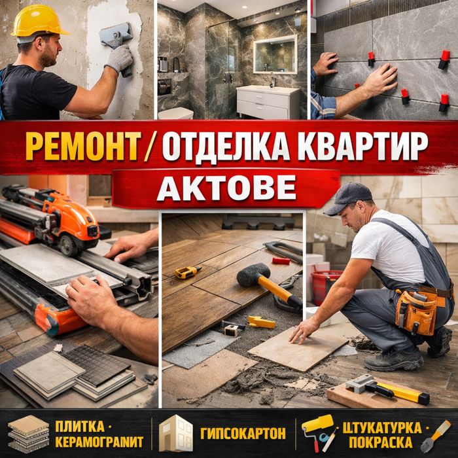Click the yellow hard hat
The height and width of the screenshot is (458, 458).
pyautogui.click(x=38, y=22)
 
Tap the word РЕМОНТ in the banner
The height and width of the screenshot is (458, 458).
pyautogui.click(x=83, y=146)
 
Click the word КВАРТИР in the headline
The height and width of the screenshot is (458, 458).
pyautogui.click(x=362, y=146)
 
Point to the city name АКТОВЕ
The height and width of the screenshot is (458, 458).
pyautogui.click(x=226, y=188)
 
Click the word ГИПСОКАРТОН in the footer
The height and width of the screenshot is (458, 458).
pyautogui.click(x=243, y=433)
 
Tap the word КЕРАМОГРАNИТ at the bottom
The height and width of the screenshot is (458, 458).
pyautogui.click(x=99, y=442)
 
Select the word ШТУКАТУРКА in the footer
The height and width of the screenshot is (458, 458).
pyautogui.click(x=382, y=428)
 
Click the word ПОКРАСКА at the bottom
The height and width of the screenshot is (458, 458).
pyautogui.click(x=381, y=442)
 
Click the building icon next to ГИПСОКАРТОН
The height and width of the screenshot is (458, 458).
pyautogui.click(x=175, y=433)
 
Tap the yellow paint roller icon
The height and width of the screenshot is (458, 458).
pyautogui.click(x=317, y=431)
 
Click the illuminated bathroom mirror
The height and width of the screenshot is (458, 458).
pyautogui.click(x=275, y=54)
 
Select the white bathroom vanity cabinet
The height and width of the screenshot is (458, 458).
pyautogui.click(x=268, y=101)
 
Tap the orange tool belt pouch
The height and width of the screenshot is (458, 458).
pyautogui.click(x=417, y=311)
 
